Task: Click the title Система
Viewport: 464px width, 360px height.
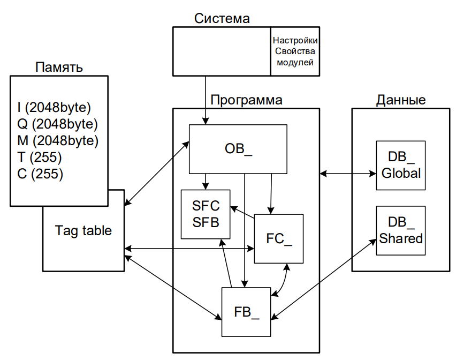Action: [222, 18]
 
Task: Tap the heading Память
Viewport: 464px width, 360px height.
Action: [59, 67]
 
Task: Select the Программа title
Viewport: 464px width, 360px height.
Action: [246, 100]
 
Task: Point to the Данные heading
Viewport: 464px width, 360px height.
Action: [401, 100]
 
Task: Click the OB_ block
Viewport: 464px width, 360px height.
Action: [238, 149]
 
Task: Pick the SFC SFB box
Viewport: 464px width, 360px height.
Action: [206, 214]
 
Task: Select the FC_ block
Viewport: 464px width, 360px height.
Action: [279, 238]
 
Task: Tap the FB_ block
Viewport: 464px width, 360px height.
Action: [246, 312]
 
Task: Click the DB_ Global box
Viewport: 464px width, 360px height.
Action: [401, 166]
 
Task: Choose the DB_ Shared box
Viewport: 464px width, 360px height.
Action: [401, 230]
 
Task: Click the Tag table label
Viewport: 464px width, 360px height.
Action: [83, 230]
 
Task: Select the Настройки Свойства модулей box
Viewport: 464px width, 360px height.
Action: [295, 51]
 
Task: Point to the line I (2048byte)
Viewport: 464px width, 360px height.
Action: [54, 108]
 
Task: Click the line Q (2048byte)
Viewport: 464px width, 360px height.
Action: [57, 124]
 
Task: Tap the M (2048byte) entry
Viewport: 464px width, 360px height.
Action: [58, 141]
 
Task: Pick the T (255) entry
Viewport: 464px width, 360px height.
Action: [40, 157]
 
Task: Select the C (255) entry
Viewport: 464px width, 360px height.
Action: [40, 174]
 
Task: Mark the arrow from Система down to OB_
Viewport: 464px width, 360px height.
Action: [206, 100]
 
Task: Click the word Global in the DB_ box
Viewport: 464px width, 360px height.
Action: [401, 174]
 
